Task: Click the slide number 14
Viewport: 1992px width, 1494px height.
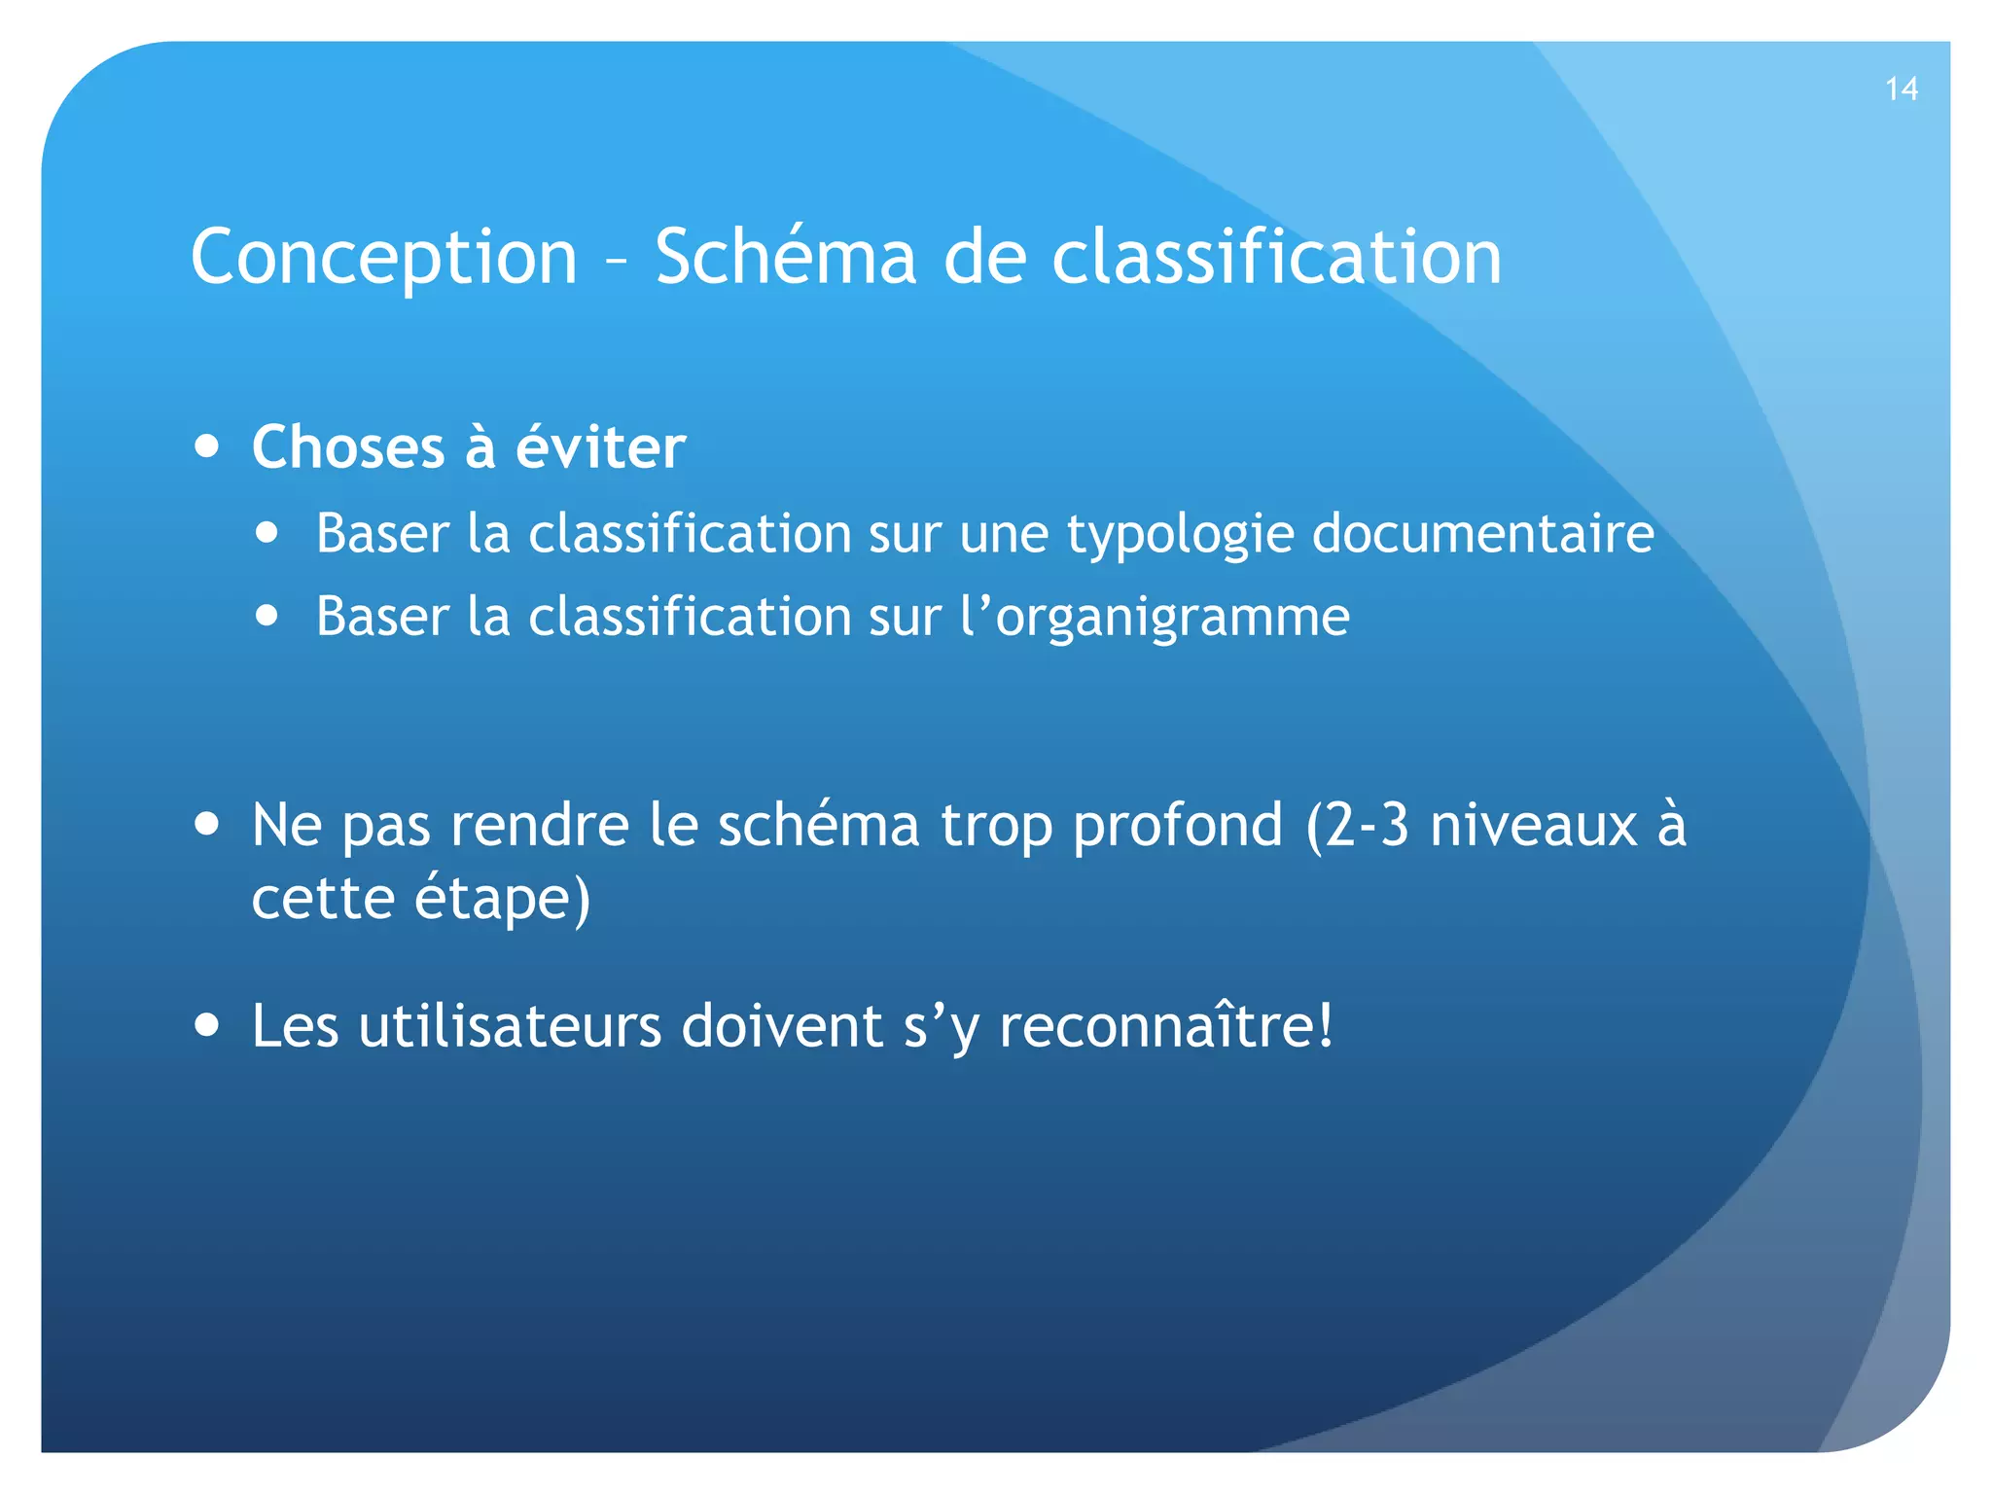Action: click(x=1901, y=89)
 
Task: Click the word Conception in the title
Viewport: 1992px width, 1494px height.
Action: click(x=384, y=257)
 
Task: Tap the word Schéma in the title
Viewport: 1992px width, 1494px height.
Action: click(x=786, y=257)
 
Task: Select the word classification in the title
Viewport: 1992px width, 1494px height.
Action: click(x=1276, y=257)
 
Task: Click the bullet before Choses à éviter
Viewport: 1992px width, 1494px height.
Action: click(x=206, y=446)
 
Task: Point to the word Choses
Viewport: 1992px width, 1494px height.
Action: click(x=347, y=447)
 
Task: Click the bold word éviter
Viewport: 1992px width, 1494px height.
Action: click(x=600, y=447)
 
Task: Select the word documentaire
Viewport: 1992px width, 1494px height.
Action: click(x=1482, y=533)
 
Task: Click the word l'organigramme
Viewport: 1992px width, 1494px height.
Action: click(x=1155, y=618)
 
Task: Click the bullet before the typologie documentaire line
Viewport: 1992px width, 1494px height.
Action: click(x=267, y=533)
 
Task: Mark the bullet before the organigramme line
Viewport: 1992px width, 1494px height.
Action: click(x=267, y=616)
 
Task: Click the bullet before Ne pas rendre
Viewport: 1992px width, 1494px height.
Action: click(x=206, y=824)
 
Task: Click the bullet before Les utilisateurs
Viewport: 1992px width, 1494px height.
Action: click(x=206, y=1024)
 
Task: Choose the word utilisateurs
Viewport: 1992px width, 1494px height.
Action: click(x=510, y=1026)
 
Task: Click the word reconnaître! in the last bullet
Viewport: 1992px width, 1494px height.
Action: click(x=1166, y=1026)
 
